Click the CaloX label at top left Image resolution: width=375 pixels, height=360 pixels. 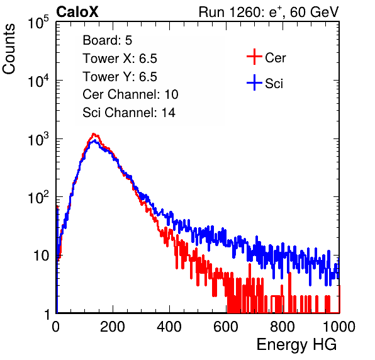[x=77, y=12]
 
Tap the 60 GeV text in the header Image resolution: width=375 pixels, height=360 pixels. [x=314, y=12]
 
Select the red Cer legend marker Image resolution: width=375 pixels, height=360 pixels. [x=254, y=57]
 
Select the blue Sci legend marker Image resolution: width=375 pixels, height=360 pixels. [x=254, y=82]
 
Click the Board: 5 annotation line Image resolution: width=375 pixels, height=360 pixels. [x=108, y=40]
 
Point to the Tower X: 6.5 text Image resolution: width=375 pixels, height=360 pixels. [x=120, y=59]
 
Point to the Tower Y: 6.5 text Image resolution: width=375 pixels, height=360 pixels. [x=120, y=77]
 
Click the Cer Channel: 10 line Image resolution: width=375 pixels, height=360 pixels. [x=130, y=94]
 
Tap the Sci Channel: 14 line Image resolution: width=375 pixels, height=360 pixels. [x=129, y=113]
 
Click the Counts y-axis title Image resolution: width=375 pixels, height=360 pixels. [x=9, y=49]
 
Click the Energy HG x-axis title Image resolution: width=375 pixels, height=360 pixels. [x=296, y=345]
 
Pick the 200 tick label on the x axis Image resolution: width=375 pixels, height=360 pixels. [x=113, y=327]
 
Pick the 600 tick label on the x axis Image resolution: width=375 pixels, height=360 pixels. [x=226, y=327]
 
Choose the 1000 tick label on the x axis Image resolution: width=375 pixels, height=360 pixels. [x=339, y=327]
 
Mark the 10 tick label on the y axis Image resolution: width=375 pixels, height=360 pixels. [x=42, y=256]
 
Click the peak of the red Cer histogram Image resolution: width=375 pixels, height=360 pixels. [x=94, y=134]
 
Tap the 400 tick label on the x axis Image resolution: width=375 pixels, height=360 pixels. [x=169, y=327]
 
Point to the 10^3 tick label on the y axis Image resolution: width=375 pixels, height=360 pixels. [x=38, y=139]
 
